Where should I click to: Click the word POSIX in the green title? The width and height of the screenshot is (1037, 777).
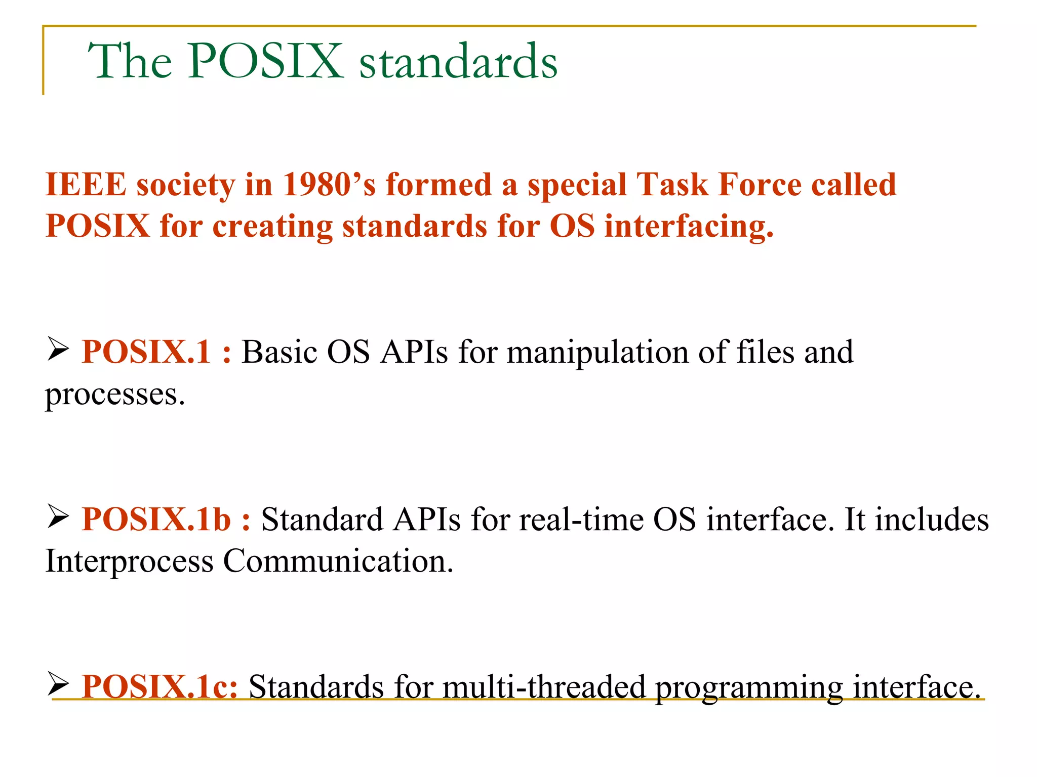click(265, 61)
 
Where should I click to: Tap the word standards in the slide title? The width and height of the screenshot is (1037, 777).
click(458, 62)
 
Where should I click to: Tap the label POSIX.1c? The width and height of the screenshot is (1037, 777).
click(159, 686)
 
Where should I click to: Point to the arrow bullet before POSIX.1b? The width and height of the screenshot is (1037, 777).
click(58, 516)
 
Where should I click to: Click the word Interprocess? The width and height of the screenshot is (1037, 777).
click(129, 562)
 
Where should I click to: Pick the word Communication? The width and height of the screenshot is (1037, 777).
click(338, 562)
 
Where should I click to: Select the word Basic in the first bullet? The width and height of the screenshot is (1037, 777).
click(279, 352)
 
